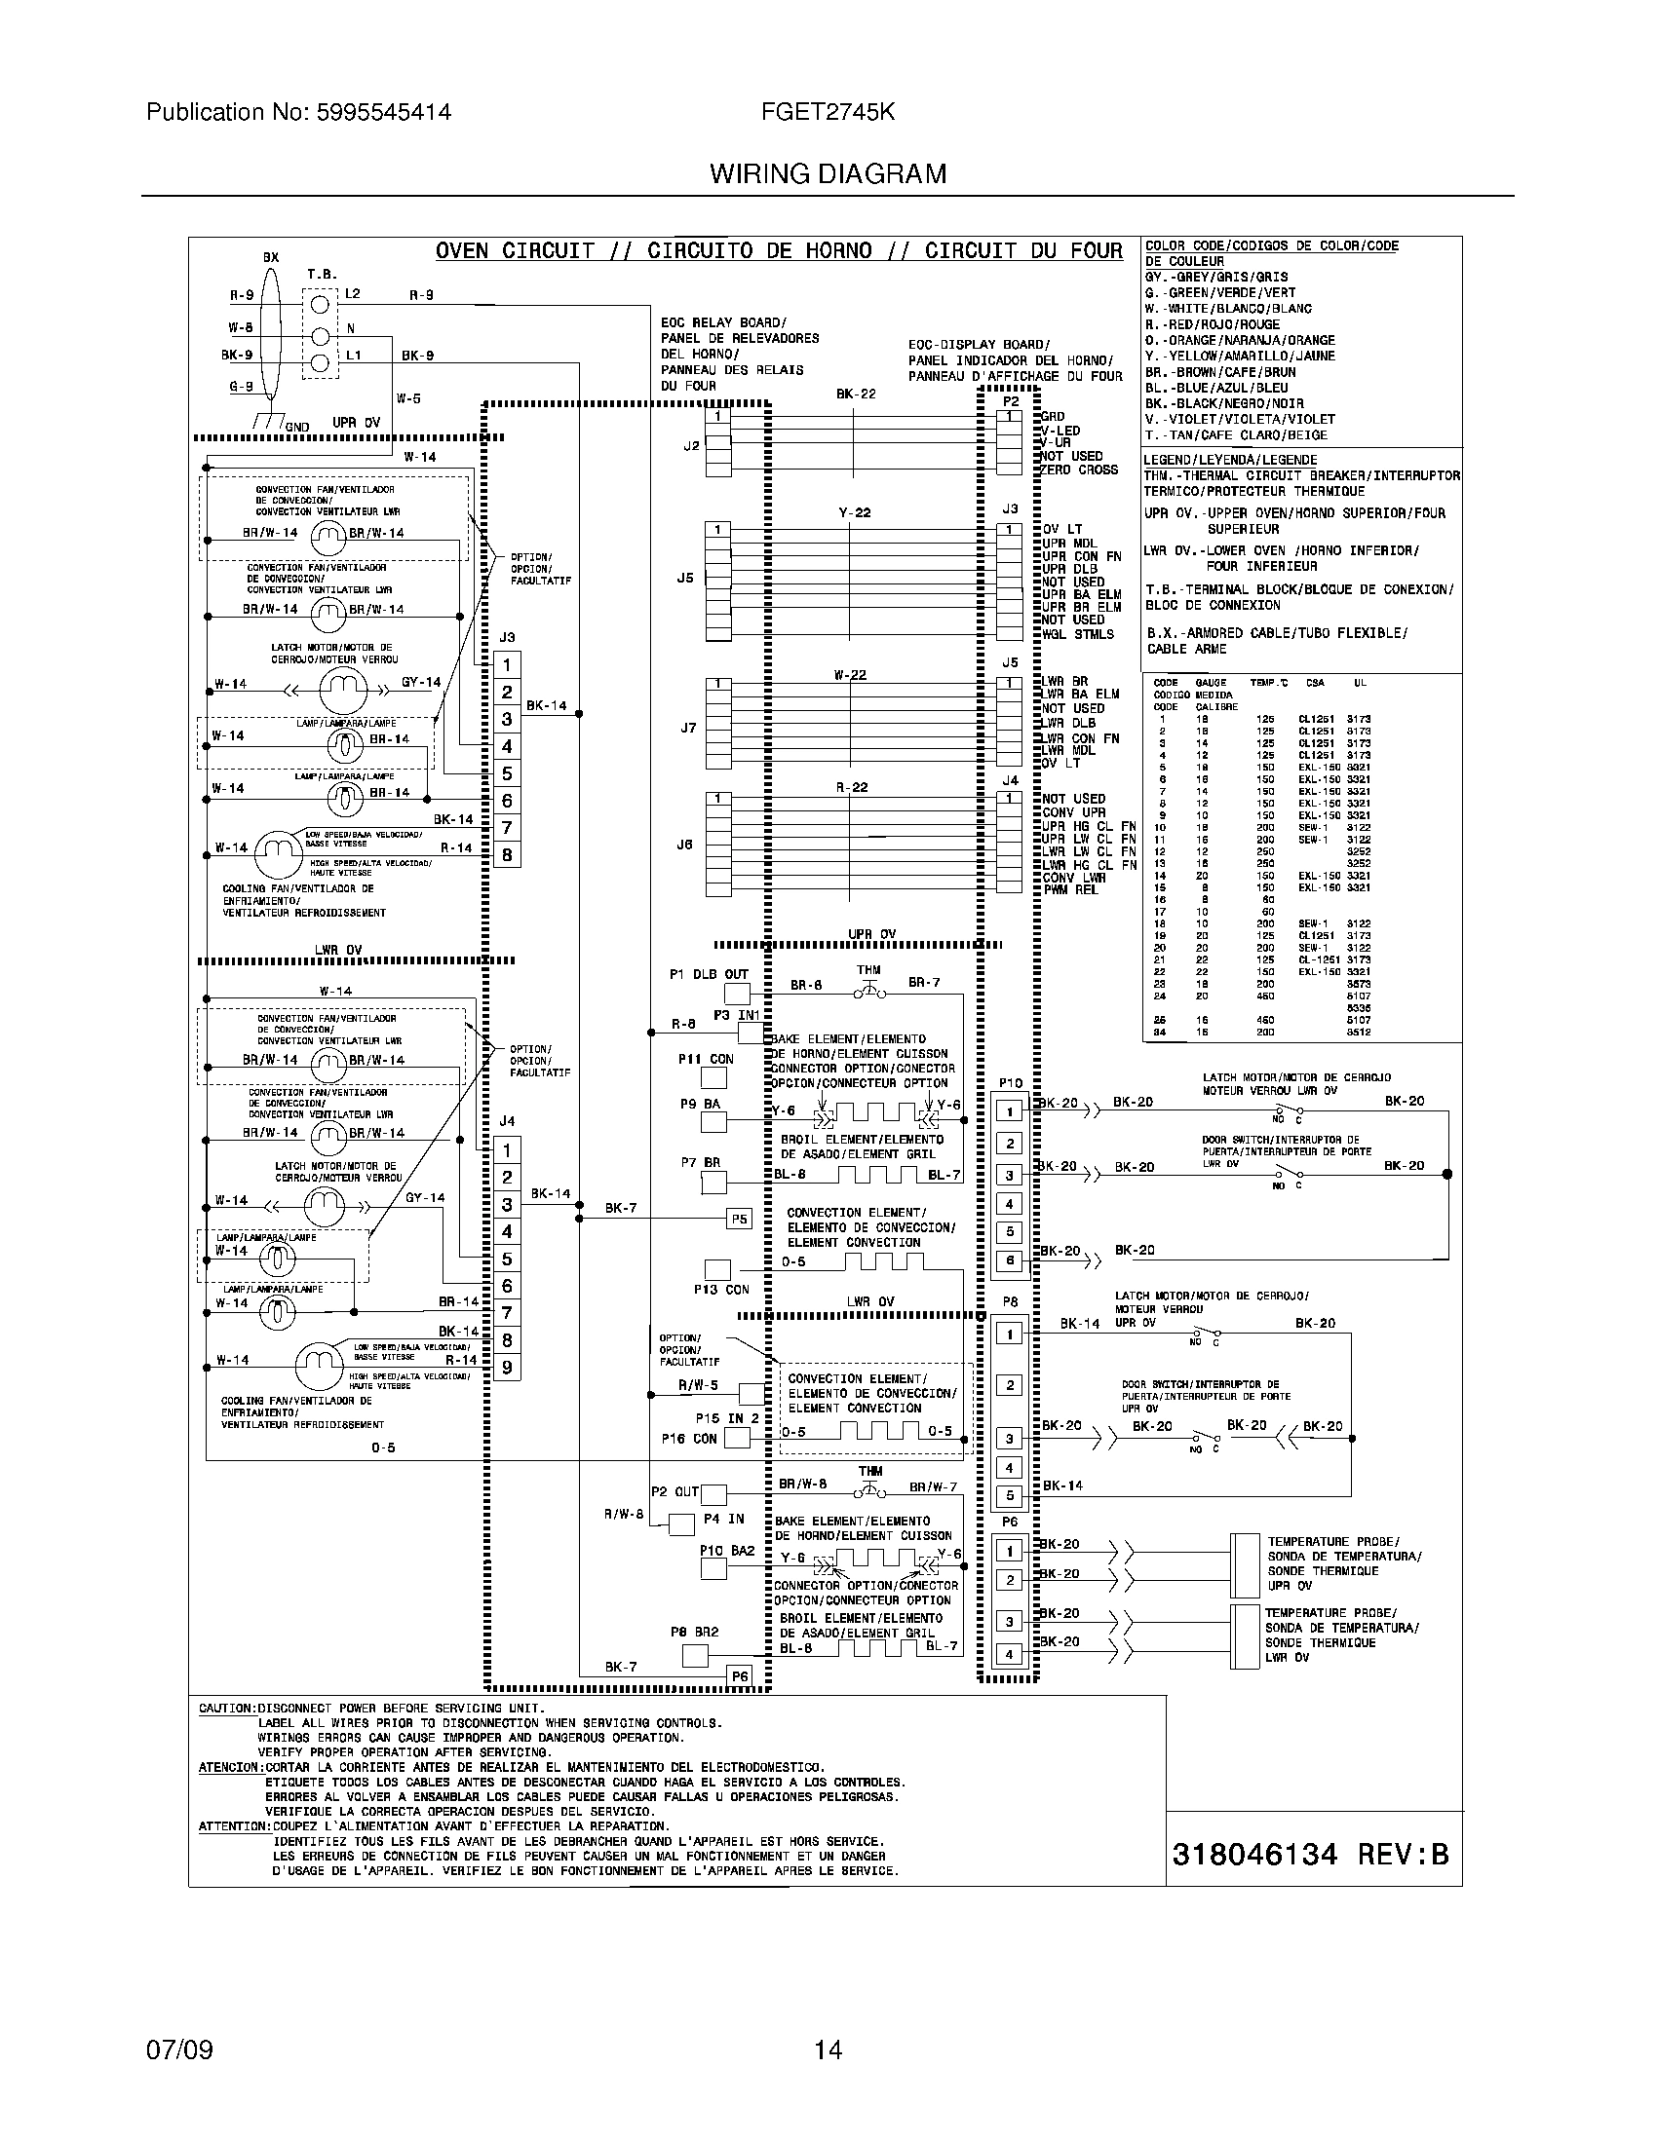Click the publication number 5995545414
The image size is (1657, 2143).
pyautogui.click(x=383, y=112)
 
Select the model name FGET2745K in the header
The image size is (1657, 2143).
pyautogui.click(x=828, y=112)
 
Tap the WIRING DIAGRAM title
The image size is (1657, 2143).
pyautogui.click(x=828, y=174)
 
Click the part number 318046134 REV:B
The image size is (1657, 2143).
pyautogui.click(x=1310, y=1854)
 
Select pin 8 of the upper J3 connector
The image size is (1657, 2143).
pyautogui.click(x=507, y=854)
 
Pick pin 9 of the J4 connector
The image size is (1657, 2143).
pyautogui.click(x=507, y=1367)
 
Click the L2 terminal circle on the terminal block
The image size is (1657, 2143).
pyautogui.click(x=319, y=304)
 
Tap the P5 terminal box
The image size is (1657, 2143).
pyautogui.click(x=739, y=1219)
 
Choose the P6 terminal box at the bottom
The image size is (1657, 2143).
pyautogui.click(x=739, y=1676)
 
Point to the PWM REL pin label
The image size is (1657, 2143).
pyautogui.click(x=1071, y=890)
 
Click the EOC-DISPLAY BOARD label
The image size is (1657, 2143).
pyautogui.click(x=979, y=345)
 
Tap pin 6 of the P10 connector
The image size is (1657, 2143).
pyautogui.click(x=1009, y=1260)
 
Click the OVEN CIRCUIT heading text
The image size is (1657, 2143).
pyautogui.click(x=515, y=250)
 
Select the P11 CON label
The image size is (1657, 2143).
pyautogui.click(x=706, y=1059)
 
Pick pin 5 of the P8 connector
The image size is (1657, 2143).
pyautogui.click(x=1009, y=1496)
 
